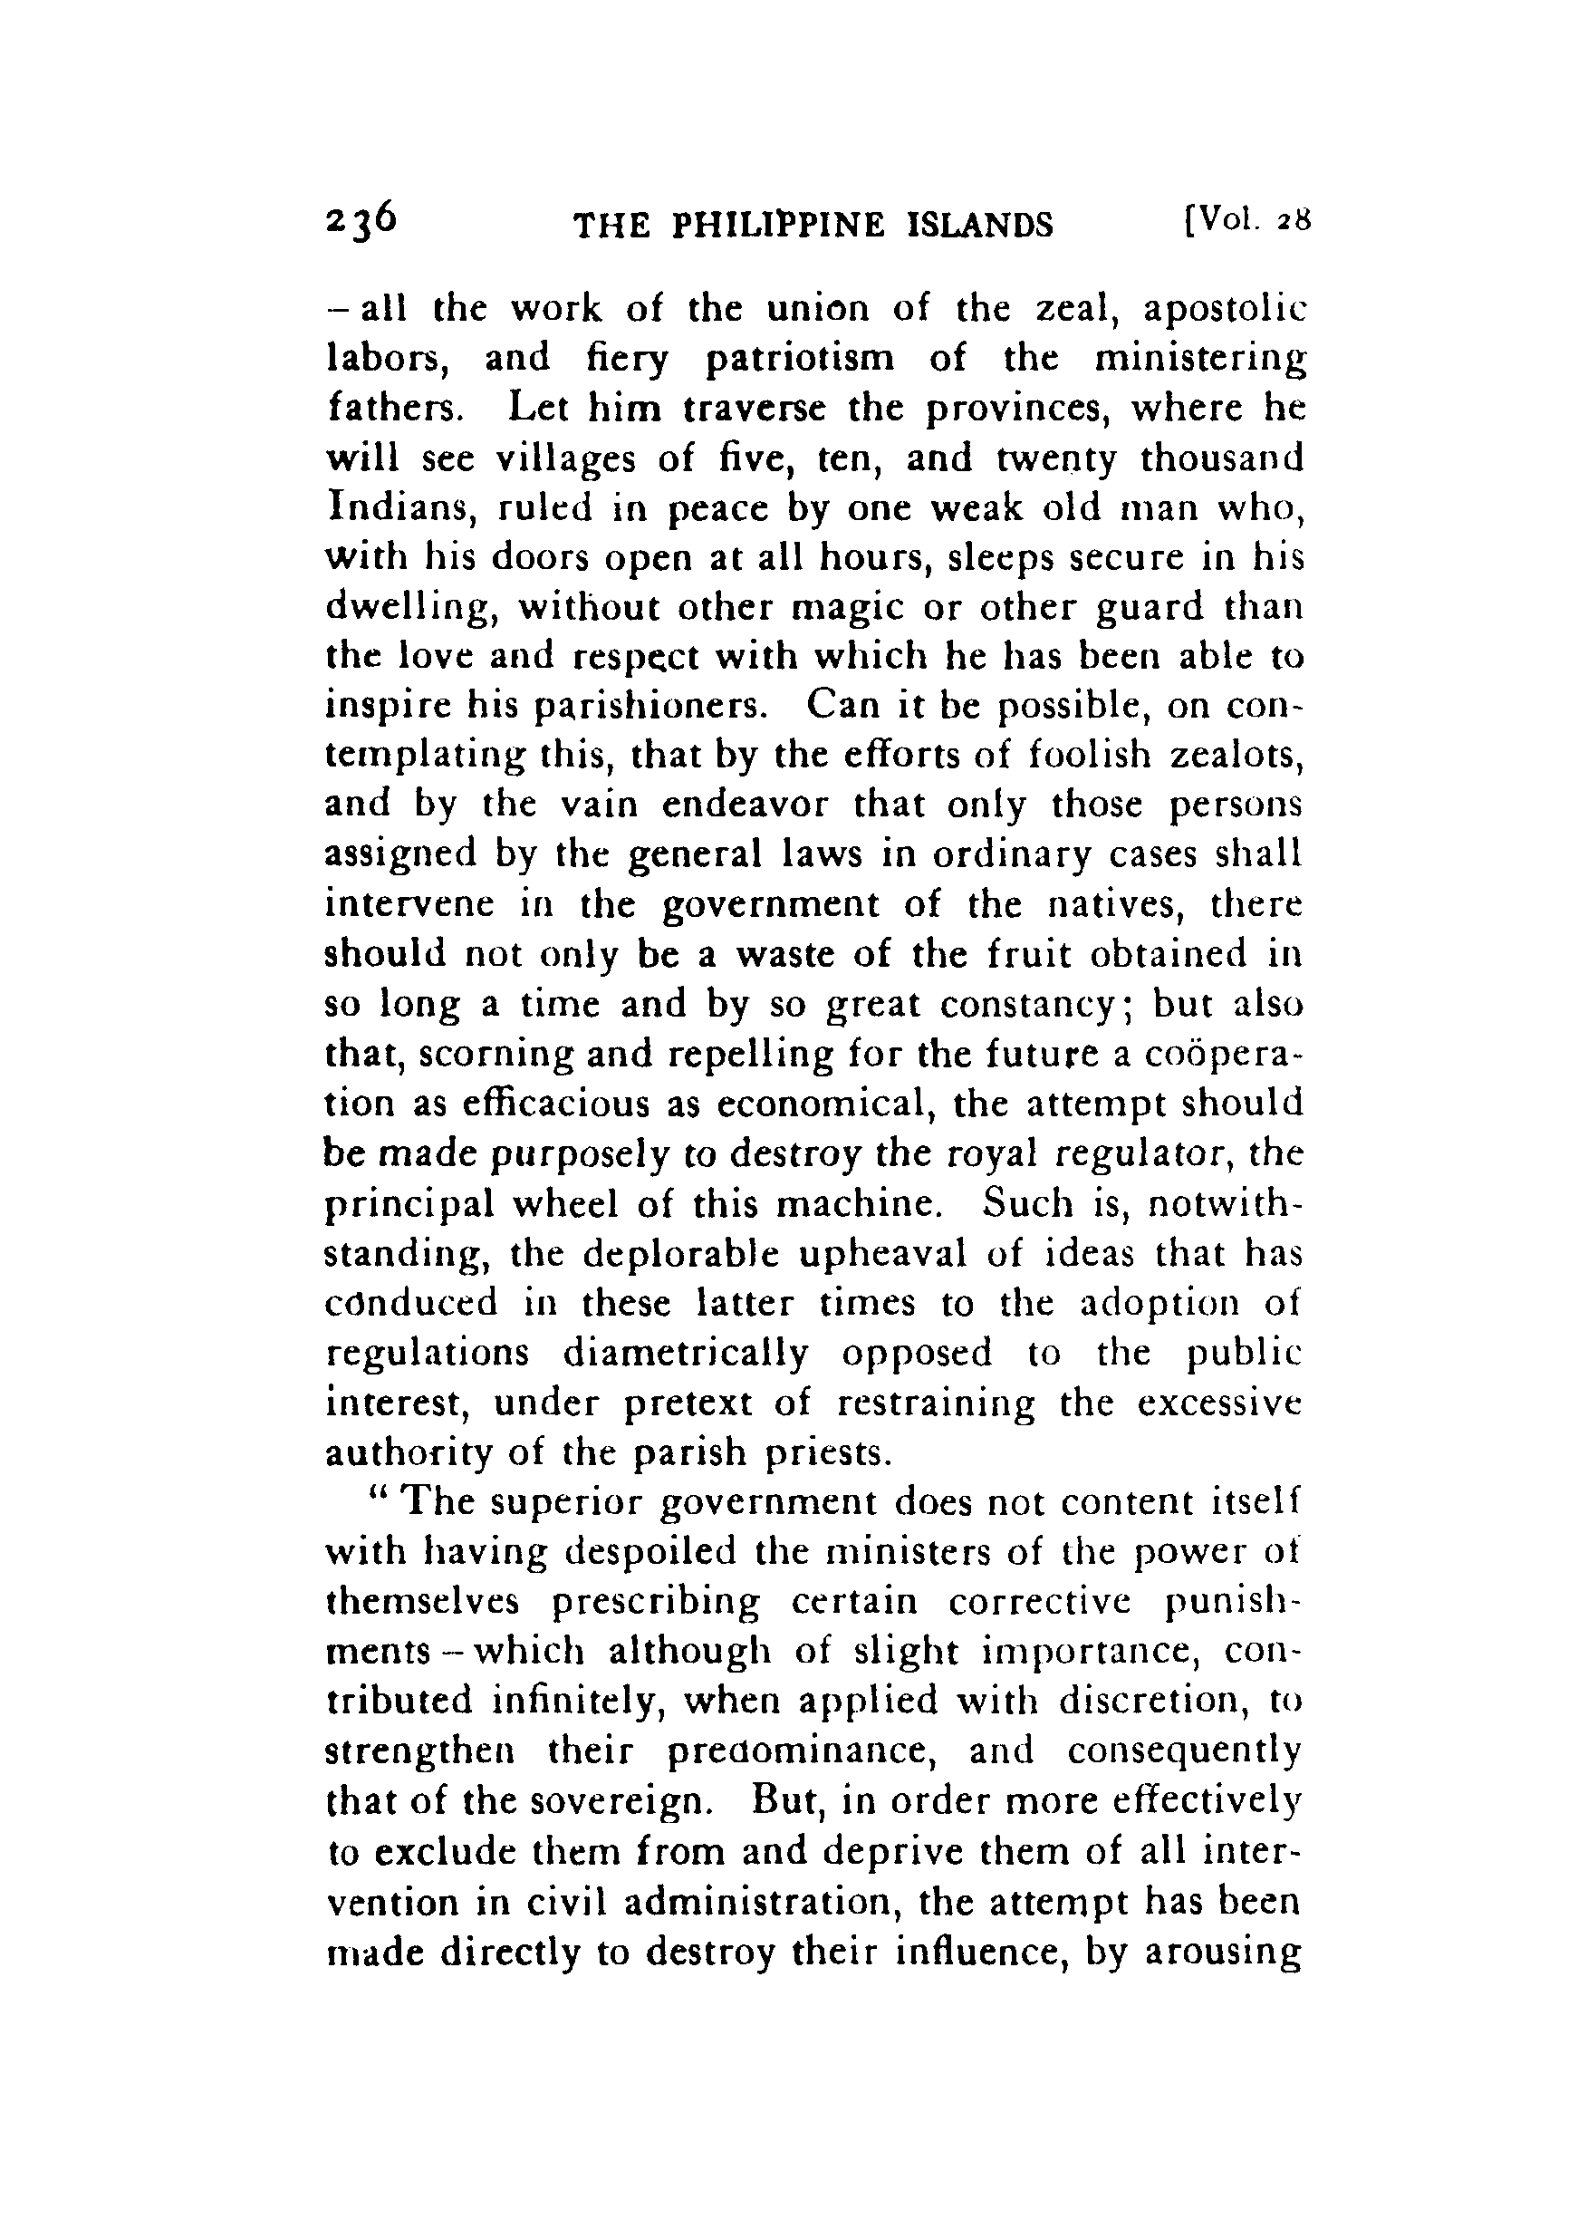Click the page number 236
point(361,224)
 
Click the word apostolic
point(1225,310)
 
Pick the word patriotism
point(799,360)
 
